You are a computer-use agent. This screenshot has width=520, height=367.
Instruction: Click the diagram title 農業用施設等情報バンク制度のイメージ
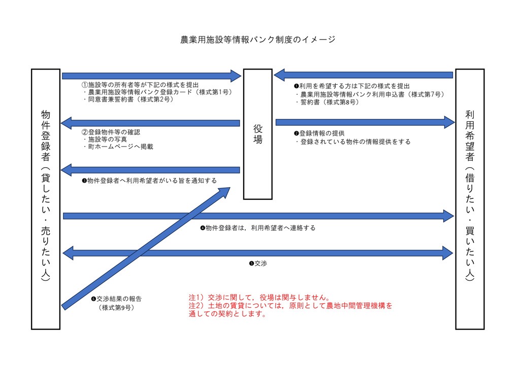257,40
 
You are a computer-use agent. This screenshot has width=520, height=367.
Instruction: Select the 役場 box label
257,134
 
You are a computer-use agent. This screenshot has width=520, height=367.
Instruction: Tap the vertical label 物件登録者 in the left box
45,136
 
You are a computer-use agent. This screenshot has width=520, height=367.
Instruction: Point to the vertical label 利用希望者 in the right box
470,136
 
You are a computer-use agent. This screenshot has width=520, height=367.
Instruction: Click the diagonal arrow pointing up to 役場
146,248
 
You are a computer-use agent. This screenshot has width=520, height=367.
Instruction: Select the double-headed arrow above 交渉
257,253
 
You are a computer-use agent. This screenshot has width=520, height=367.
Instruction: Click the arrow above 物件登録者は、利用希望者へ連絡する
258,216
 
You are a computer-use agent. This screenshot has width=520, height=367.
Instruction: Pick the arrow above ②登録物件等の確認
150,123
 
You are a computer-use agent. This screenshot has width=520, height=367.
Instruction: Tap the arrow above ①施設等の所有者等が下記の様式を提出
151,76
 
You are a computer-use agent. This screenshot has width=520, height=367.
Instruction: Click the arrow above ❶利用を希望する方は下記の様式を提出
364,75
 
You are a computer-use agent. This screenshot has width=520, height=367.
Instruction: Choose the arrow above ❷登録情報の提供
365,123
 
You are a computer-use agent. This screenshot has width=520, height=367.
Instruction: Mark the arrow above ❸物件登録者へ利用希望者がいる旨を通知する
150,170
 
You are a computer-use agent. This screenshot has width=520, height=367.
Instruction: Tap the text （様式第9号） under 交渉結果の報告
116,308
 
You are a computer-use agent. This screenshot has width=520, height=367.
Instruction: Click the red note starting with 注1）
259,298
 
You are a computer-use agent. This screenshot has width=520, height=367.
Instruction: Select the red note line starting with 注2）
290,306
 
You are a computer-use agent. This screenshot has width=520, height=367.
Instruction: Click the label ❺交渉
258,264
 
